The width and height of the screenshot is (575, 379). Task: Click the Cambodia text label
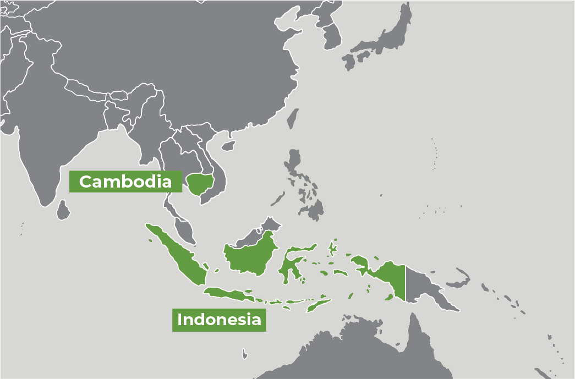pyautogui.click(x=125, y=182)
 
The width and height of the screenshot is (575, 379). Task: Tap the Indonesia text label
pyautogui.click(x=219, y=320)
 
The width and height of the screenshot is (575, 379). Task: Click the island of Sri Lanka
pyautogui.click(x=64, y=210)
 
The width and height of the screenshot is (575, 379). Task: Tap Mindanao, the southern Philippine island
pyautogui.click(x=314, y=209)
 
